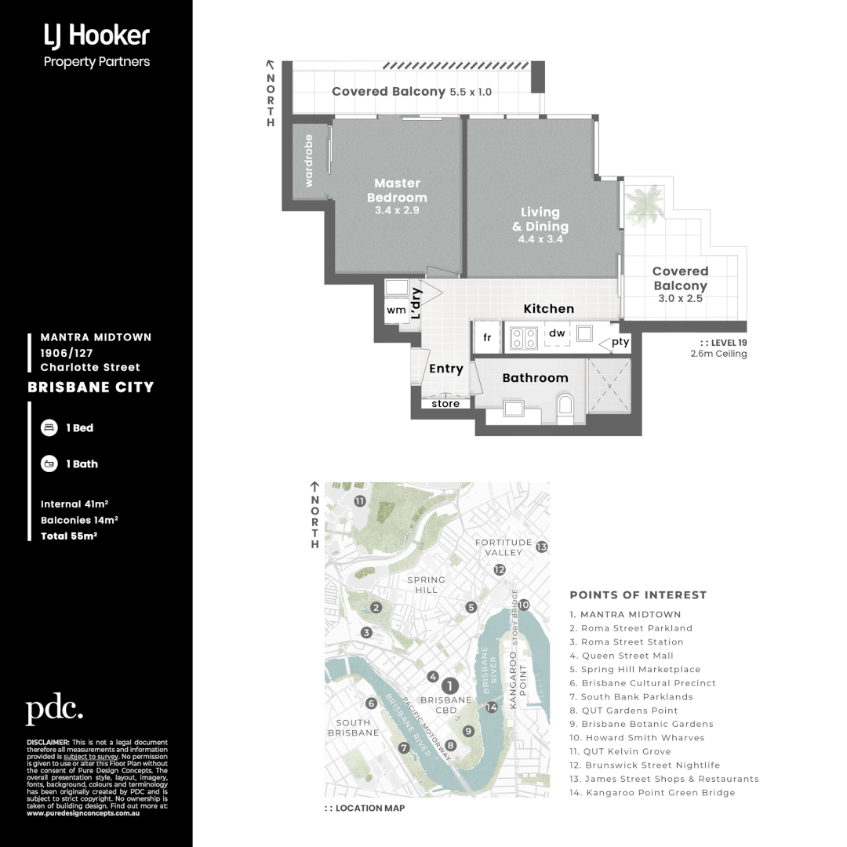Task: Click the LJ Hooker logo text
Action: tap(96, 35)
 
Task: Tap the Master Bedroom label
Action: tap(397, 191)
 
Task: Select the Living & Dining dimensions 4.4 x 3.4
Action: tap(540, 239)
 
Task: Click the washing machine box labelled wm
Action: tap(396, 310)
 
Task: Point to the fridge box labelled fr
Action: tap(487, 337)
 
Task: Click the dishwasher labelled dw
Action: tap(557, 334)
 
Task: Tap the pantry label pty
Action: tap(620, 343)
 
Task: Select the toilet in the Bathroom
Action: tap(564, 406)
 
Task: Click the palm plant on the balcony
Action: tap(648, 205)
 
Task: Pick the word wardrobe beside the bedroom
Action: tap(309, 161)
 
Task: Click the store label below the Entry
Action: tap(445, 404)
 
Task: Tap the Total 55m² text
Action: tap(68, 536)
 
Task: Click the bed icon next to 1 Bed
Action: tap(49, 428)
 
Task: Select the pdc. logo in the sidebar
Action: tap(54, 710)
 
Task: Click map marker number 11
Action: tap(359, 501)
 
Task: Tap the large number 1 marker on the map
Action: tap(450, 685)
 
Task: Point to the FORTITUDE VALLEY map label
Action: tap(503, 547)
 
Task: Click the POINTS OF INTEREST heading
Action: tap(638, 595)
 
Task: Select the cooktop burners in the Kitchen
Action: tap(523, 337)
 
